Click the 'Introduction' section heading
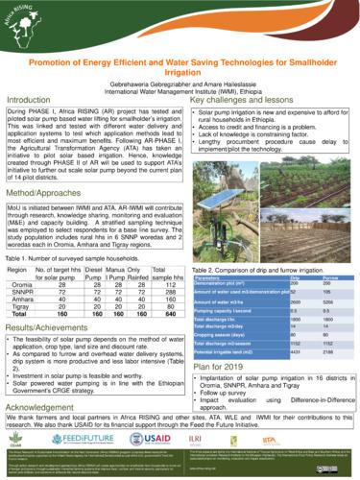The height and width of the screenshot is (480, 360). click(x=30, y=100)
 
